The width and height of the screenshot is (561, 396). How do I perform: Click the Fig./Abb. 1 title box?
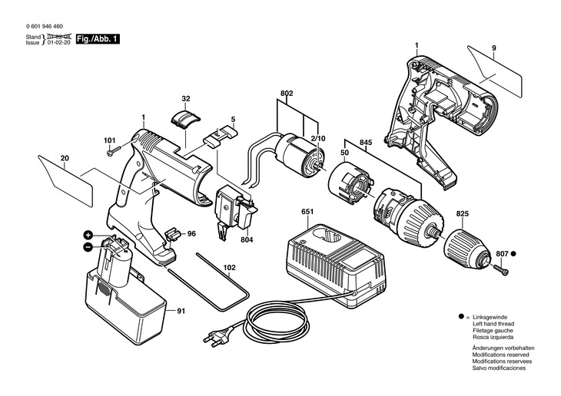[x=98, y=39]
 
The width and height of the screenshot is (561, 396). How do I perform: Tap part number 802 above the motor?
[x=287, y=94]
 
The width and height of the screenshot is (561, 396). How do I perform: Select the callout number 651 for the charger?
[x=307, y=212]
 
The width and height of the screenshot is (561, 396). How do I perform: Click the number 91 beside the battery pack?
[x=181, y=311]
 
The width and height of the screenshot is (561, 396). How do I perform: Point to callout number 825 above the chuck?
[x=463, y=213]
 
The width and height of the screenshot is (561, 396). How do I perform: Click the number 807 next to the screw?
[x=502, y=254]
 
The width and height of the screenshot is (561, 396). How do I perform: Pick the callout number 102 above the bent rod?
[x=229, y=267]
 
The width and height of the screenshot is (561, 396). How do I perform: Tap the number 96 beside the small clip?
[x=191, y=234]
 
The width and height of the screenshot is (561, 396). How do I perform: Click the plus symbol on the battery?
[x=88, y=235]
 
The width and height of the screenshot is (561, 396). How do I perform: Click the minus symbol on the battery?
[x=88, y=247]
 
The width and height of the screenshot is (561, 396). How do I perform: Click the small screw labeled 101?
[x=115, y=151]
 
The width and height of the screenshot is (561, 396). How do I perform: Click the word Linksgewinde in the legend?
[x=490, y=317]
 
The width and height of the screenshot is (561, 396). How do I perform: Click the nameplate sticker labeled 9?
[x=494, y=71]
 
